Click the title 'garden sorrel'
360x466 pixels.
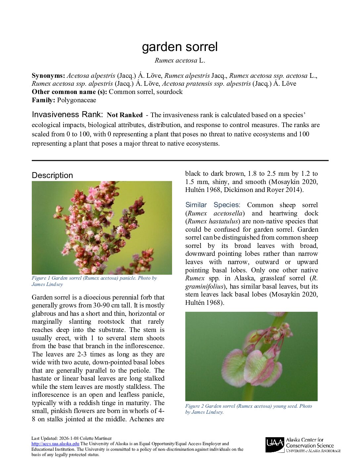click(180, 47)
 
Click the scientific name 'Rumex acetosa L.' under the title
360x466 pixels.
click(180, 61)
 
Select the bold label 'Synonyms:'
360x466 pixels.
click(48, 75)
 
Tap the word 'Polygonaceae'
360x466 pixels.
click(76, 100)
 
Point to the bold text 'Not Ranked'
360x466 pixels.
click(125, 115)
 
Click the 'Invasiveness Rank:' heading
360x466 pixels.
click(67, 115)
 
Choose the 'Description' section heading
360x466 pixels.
click(52, 175)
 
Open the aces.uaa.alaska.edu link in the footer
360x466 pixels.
click(55, 444)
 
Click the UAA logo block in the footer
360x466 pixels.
click(275, 445)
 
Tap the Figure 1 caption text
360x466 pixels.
click(94, 281)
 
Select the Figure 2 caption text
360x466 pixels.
click(248, 409)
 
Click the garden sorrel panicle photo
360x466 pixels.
click(102, 228)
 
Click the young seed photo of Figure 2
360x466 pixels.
click(251, 356)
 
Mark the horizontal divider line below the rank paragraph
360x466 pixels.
click(180, 161)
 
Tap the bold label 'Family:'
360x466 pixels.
click(43, 100)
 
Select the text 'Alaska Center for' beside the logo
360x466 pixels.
click(304, 440)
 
